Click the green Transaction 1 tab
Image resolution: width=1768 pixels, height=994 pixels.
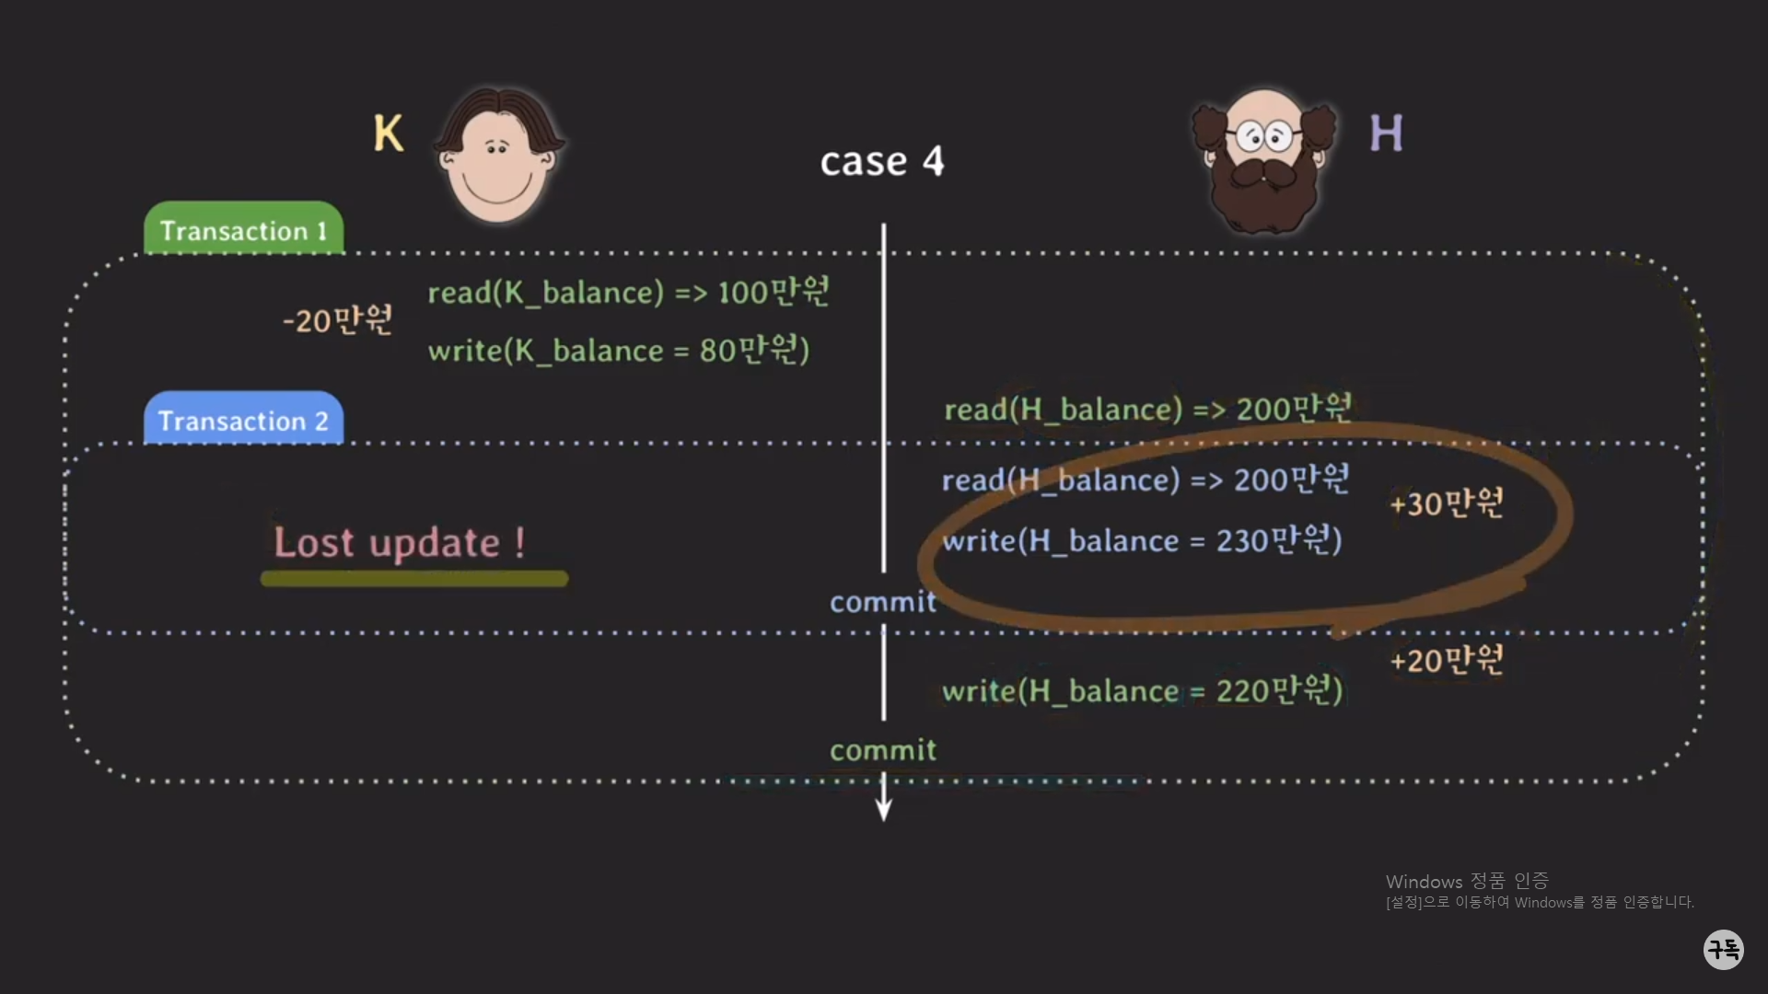pos(243,230)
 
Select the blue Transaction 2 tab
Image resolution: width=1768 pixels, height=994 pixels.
pos(243,421)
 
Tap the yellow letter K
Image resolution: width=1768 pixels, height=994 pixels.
pos(388,133)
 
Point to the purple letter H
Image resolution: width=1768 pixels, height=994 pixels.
pos(1386,133)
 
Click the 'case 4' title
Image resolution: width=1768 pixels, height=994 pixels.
pos(881,162)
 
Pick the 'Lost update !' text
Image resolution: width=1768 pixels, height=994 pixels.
pos(400,542)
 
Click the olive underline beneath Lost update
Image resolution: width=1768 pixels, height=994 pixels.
pos(414,579)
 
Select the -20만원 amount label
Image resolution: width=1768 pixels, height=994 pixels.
pos(338,320)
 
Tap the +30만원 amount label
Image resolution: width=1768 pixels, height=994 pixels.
pos(1446,503)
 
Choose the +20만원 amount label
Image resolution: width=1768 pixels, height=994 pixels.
pos(1446,660)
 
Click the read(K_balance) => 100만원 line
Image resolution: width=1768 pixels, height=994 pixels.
pos(628,293)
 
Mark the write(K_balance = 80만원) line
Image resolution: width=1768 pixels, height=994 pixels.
pos(619,351)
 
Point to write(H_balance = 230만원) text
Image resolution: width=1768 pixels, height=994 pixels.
pos(1142,540)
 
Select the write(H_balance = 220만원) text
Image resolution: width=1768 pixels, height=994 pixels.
pos(1142,690)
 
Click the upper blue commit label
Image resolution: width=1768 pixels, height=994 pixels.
pos(882,602)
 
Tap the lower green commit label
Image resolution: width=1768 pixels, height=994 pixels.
pos(882,750)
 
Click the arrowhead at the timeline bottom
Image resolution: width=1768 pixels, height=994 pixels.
pos(883,810)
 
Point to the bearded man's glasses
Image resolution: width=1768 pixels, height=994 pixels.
pos(1264,137)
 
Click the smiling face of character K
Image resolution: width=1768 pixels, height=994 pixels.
pos(497,161)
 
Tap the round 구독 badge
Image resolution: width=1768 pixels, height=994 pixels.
pos(1723,949)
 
